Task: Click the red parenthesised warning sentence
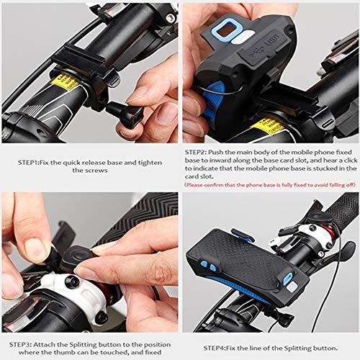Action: click(270, 184)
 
